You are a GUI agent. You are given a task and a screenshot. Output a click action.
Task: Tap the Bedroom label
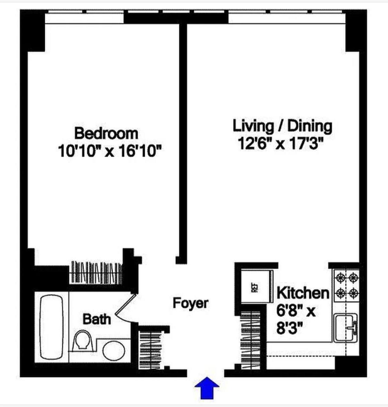pyautogui.click(x=106, y=133)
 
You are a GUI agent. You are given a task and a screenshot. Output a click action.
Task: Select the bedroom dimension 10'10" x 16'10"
pyautogui.click(x=110, y=151)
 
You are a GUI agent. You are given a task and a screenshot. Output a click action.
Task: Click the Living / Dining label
pyautogui.click(x=282, y=126)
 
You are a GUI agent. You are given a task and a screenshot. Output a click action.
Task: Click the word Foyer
pyautogui.click(x=191, y=303)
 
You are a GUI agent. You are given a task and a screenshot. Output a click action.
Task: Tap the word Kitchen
pyautogui.click(x=303, y=293)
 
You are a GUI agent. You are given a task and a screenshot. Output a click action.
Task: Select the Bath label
pyautogui.click(x=97, y=319)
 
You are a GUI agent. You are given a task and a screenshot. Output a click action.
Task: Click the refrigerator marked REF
pyautogui.click(x=255, y=287)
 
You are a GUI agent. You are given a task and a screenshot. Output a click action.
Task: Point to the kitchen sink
pyautogui.click(x=345, y=327)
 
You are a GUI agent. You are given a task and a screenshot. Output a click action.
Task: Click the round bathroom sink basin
pyautogui.click(x=114, y=351)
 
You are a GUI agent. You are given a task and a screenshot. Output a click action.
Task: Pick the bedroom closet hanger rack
pyautogui.click(x=97, y=272)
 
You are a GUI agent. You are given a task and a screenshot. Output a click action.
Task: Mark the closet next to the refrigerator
pyautogui.click(x=250, y=337)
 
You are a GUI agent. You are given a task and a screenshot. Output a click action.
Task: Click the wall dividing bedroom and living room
pyautogui.click(x=183, y=138)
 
